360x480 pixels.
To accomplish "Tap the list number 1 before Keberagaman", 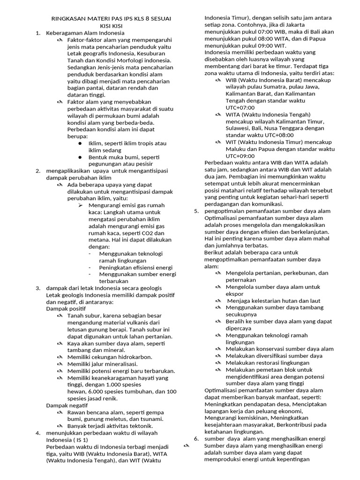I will click(37, 33).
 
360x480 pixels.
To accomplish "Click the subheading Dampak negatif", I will click(67, 405).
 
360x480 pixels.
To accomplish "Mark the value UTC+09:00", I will click(240, 156).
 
